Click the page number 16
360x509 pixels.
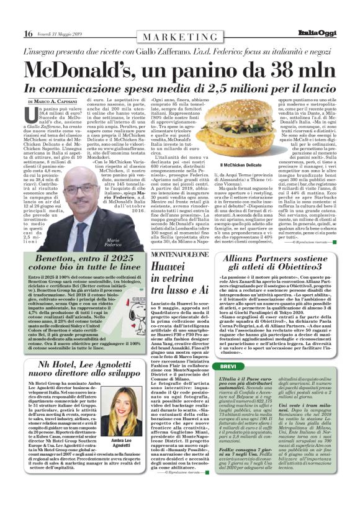[x=28, y=33]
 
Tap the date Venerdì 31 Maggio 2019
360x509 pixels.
[x=62, y=34]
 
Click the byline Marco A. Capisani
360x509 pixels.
[x=58, y=101]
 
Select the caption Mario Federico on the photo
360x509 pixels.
[x=112, y=243]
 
